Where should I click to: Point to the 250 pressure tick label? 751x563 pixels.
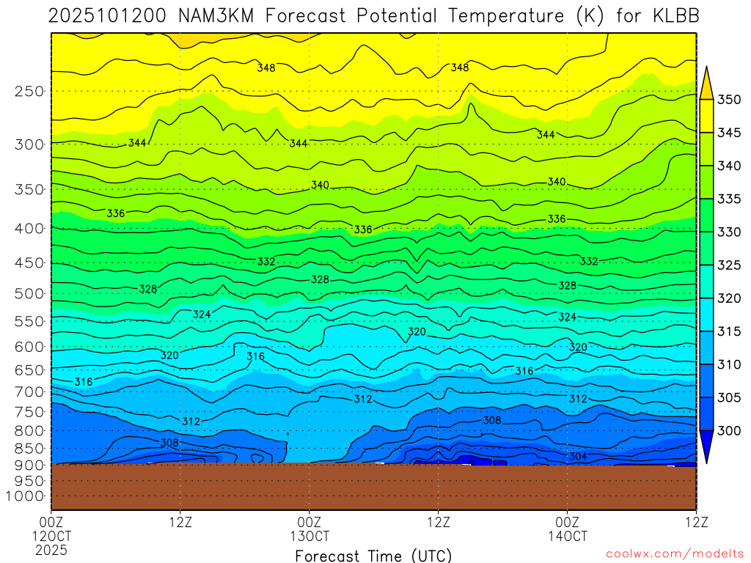[30, 91]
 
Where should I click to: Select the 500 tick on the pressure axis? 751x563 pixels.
[30, 294]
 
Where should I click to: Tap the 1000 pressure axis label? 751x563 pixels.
[26, 496]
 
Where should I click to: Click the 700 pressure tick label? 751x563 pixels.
[30, 392]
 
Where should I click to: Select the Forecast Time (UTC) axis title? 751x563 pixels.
[373, 555]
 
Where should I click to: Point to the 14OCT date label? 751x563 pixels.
[567, 536]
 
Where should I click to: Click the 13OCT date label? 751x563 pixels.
[309, 536]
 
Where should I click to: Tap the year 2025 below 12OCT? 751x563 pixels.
[51, 549]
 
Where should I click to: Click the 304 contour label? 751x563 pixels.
[577, 457]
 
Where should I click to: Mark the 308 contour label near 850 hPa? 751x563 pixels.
[169, 443]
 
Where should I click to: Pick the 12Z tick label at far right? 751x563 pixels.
[695, 522]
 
